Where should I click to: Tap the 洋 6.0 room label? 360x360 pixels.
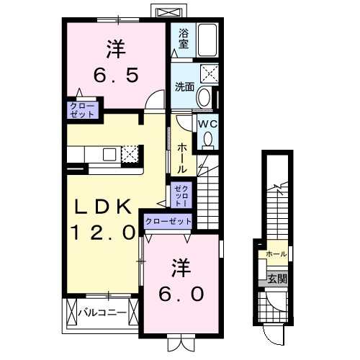(181, 282)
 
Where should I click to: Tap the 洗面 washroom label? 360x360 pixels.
(184, 86)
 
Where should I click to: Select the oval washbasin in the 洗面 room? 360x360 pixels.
(204, 98)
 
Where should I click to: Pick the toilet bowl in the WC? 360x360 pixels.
(208, 140)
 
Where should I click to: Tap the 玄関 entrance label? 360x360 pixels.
(276, 279)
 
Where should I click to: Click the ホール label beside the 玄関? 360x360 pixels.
(276, 255)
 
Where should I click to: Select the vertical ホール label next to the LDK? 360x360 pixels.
(183, 156)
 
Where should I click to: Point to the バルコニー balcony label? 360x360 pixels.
(102, 312)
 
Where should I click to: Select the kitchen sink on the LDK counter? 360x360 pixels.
(109, 153)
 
